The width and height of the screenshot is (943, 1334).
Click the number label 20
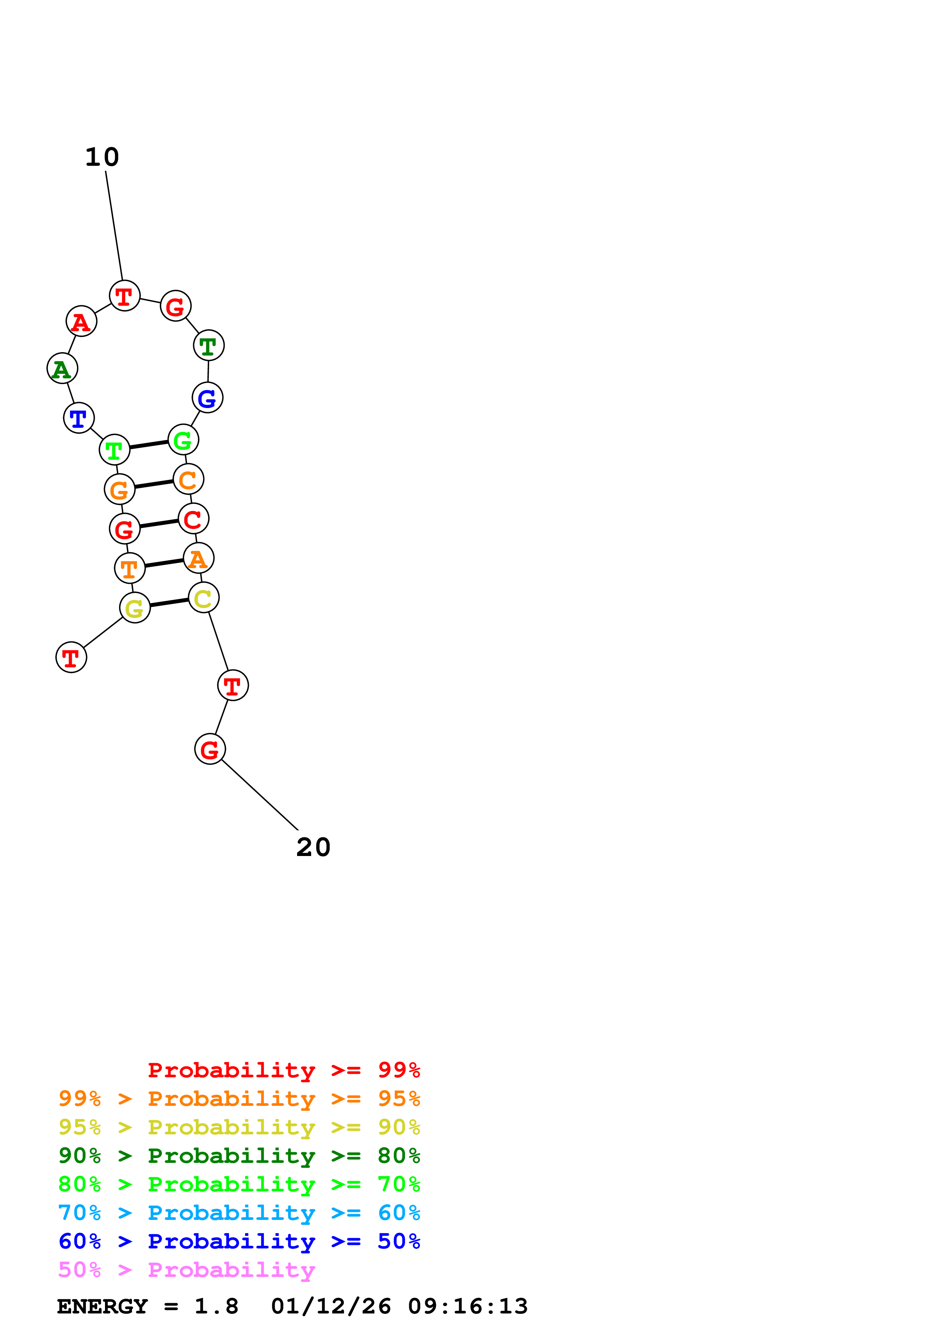[313, 848]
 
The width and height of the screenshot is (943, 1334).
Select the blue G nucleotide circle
[207, 398]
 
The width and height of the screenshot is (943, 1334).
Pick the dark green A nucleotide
[62, 368]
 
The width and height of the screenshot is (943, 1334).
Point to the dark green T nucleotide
[208, 346]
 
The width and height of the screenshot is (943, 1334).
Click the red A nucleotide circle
[81, 321]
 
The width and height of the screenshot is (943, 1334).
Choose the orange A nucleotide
[199, 558]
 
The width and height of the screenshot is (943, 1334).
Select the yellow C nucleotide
[204, 597]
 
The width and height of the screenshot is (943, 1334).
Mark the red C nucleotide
[194, 519]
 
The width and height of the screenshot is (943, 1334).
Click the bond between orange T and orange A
[164, 563]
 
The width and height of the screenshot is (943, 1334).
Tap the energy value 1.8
[216, 1307]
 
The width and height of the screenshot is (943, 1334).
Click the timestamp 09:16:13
[468, 1307]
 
